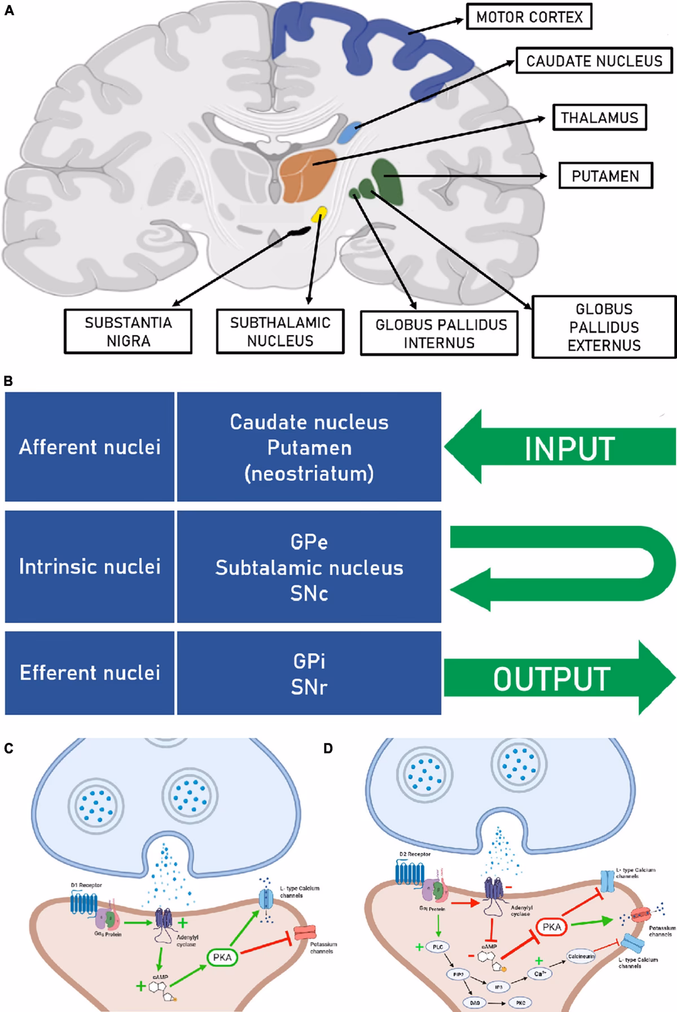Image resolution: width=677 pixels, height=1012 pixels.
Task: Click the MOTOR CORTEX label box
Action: point(529,17)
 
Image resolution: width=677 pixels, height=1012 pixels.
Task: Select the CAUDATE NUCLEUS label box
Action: point(594,61)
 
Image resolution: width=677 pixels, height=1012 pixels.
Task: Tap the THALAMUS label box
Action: point(599,118)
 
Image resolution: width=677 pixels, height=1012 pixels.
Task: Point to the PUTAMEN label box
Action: point(605,176)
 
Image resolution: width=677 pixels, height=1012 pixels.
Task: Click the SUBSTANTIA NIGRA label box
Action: point(128,332)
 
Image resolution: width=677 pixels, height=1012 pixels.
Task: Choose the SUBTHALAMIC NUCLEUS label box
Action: point(280,332)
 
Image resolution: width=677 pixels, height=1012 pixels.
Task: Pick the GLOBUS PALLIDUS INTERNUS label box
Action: point(439,333)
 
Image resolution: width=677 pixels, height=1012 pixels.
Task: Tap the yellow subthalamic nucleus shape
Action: point(320,214)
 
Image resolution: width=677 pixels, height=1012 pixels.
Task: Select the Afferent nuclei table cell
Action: point(90,447)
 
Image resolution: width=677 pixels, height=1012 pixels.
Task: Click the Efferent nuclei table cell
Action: point(90,672)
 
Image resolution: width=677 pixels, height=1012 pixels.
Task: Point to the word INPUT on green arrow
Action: point(569,449)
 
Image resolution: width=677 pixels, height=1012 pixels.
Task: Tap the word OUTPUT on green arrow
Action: point(551,679)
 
